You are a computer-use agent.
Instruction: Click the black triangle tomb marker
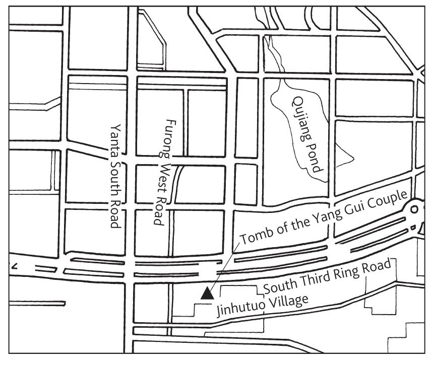pos(206,294)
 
